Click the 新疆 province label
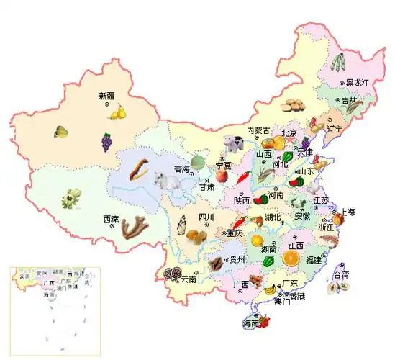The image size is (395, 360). (x=106, y=96)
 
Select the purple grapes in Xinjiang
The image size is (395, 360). (x=106, y=141)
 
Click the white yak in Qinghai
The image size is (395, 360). (x=168, y=183)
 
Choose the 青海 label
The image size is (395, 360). (x=182, y=169)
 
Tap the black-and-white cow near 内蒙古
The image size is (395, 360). (x=232, y=143)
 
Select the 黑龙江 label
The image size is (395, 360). (x=357, y=84)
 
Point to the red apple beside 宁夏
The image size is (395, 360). (x=222, y=175)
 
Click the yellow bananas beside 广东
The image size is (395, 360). (x=270, y=289)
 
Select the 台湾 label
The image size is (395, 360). (x=341, y=275)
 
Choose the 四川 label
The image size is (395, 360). (x=206, y=217)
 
